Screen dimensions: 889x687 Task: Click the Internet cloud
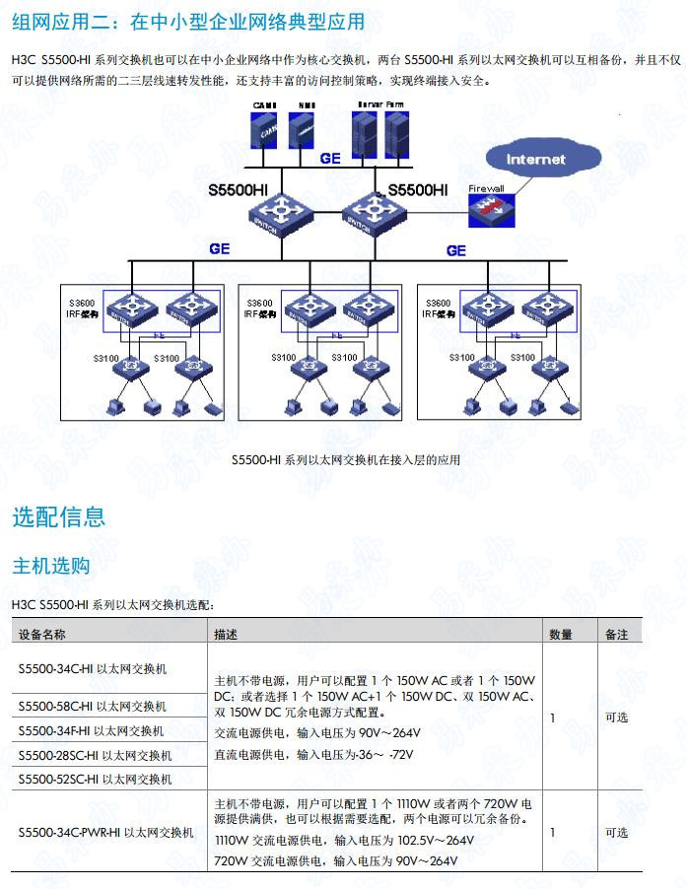tap(536, 159)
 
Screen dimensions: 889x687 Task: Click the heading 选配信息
tap(59, 516)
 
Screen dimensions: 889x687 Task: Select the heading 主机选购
tap(50, 566)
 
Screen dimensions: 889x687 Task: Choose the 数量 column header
tap(561, 635)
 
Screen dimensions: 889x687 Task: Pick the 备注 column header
tap(617, 635)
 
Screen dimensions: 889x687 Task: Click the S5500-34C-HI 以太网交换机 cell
tap(93, 668)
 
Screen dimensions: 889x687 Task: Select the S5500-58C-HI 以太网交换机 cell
tap(93, 706)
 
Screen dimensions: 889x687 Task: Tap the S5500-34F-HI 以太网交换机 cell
tap(92, 731)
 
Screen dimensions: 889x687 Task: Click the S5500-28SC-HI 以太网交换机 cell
tap(95, 756)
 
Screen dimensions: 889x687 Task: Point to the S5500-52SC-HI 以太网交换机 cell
tap(95, 779)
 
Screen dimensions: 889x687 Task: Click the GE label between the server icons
tap(329, 158)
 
